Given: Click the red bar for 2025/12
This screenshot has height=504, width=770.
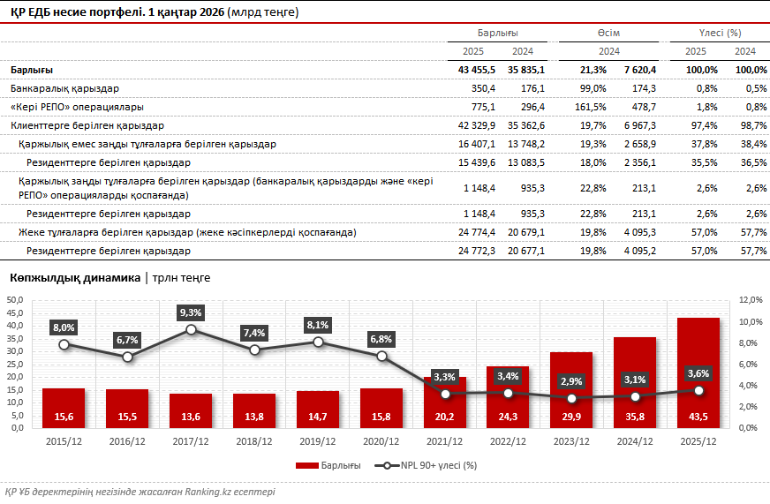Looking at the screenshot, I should pyautogui.click(x=698, y=371).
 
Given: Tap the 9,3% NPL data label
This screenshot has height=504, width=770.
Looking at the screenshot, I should pyautogui.click(x=191, y=312).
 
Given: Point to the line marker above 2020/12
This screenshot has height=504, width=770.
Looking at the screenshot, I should pyautogui.click(x=381, y=356).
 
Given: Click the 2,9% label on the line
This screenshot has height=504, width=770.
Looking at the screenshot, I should pyautogui.click(x=571, y=381).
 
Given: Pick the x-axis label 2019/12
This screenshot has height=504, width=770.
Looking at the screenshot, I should pyautogui.click(x=318, y=440).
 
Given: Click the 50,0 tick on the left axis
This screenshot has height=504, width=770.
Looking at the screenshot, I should pyautogui.click(x=15, y=300).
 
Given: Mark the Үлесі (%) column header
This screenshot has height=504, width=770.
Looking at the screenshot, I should pyautogui.click(x=720, y=33).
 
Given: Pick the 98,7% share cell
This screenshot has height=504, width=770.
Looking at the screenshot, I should pyautogui.click(x=749, y=125).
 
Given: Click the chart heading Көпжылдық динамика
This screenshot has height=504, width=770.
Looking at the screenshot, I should pyautogui.click(x=74, y=278).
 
